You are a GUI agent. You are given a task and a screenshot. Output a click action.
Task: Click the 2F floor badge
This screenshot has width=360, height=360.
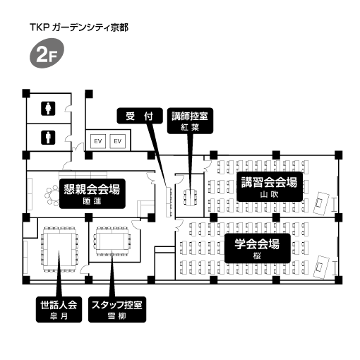tap(47, 53)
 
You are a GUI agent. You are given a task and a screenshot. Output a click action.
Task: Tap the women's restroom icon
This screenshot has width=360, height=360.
tap(48, 109)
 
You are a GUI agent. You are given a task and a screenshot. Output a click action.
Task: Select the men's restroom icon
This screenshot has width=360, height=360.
tap(48, 138)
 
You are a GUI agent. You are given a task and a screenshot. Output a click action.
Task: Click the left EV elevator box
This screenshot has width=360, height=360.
tap(98, 141)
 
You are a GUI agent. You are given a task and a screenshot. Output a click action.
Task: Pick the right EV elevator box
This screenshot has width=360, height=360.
tap(118, 141)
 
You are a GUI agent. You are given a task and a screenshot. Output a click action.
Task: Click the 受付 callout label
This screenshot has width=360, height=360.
tap(140, 116)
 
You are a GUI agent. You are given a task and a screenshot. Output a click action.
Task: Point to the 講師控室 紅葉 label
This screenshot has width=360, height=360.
tap(190, 121)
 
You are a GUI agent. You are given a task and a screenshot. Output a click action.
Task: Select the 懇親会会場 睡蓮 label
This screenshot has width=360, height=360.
tap(92, 193)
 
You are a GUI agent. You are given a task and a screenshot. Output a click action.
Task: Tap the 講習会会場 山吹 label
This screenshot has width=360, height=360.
tap(270, 186)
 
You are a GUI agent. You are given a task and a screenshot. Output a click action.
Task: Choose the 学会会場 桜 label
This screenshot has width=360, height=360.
tap(258, 248)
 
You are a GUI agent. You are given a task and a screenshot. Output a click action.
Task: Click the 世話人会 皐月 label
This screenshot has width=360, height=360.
tap(59, 309)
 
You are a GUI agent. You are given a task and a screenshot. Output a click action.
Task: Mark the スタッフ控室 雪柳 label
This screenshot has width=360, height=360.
tap(117, 309)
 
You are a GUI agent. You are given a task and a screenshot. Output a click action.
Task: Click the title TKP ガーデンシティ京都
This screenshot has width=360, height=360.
tap(79, 28)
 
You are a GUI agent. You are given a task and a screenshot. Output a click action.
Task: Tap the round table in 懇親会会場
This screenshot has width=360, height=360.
tap(53, 196)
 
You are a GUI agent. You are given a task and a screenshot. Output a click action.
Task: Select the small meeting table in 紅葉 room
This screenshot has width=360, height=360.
tap(191, 197)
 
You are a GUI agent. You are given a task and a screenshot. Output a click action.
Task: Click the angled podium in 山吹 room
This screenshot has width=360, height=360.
tap(321, 203)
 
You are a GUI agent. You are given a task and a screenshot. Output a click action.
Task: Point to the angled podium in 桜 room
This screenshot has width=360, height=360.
tap(321, 267)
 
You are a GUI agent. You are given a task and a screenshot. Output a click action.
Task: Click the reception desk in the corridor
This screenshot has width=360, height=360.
tap(169, 202)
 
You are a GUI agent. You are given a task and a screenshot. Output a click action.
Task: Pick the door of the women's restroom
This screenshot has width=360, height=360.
tap(68, 109)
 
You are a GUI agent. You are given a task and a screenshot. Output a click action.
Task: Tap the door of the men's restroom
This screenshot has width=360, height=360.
tap(68, 138)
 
